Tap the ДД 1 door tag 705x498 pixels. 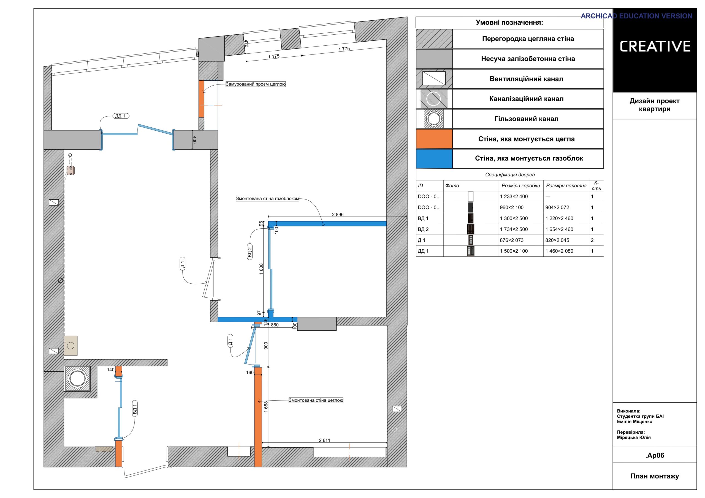click(x=120, y=116)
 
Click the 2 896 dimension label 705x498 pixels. click(x=337, y=215)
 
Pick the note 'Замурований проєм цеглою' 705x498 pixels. click(x=256, y=84)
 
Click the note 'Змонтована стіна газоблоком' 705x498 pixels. click(x=267, y=199)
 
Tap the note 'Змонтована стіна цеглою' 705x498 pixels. click(x=316, y=400)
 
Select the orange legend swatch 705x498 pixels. click(x=434, y=139)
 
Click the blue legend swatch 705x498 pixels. click(x=434, y=159)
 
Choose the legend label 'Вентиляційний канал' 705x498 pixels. click(x=526, y=79)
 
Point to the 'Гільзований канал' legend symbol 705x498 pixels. click(x=434, y=119)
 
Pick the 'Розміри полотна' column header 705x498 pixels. click(x=566, y=185)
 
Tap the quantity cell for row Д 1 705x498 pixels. click(x=592, y=240)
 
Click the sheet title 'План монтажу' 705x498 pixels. click(x=655, y=476)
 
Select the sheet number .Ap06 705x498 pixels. click(x=655, y=455)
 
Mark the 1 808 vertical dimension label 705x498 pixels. click(x=261, y=269)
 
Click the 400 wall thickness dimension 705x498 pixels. click(x=194, y=139)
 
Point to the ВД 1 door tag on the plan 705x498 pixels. click(x=134, y=408)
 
